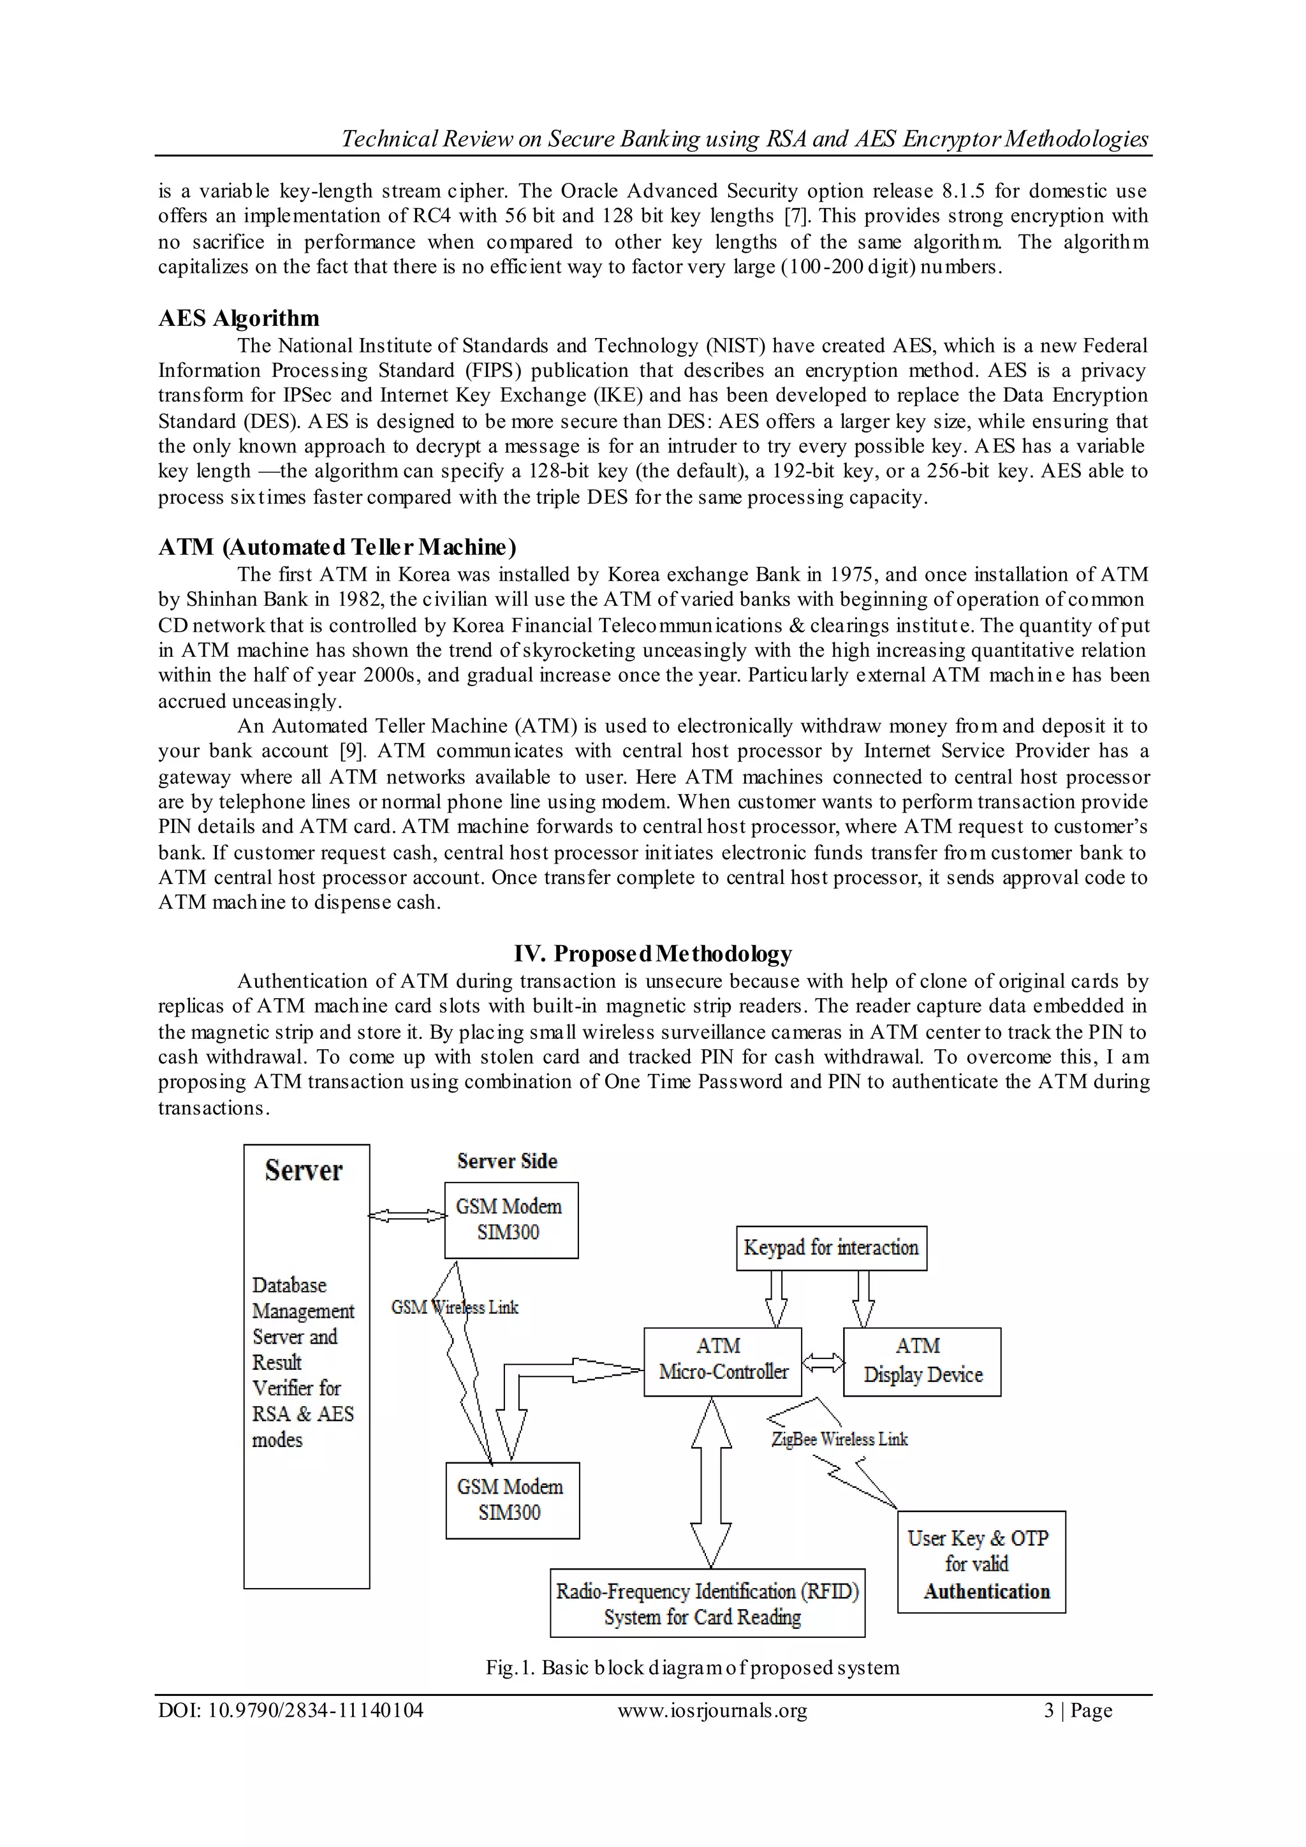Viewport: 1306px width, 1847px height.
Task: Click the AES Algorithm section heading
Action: pos(239,318)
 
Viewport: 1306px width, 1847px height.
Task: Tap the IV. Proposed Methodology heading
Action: pos(653,953)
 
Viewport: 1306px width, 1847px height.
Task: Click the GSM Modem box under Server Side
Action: pos(511,1219)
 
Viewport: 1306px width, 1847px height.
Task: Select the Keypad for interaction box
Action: pos(831,1247)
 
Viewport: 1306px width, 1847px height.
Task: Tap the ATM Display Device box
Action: pos(921,1361)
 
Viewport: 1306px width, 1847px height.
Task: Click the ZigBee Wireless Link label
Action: pos(840,1439)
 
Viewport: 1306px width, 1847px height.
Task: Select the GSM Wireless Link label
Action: pos(455,1308)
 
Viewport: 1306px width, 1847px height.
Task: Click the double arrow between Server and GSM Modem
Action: pos(407,1216)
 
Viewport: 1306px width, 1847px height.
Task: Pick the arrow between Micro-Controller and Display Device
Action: pos(823,1362)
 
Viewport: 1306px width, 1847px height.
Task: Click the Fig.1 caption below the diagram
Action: pos(692,1668)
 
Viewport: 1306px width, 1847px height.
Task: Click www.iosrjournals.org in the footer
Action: pos(712,1711)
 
